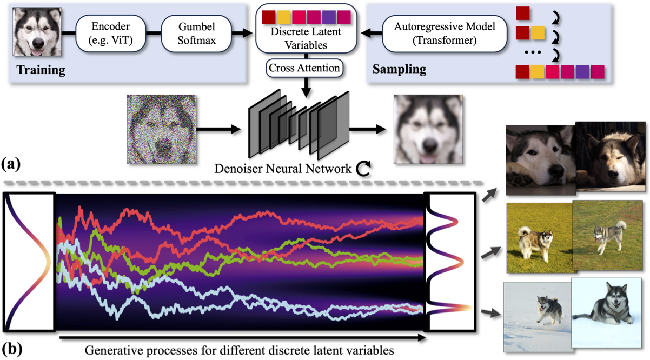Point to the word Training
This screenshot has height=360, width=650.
(41, 70)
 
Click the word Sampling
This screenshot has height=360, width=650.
(399, 70)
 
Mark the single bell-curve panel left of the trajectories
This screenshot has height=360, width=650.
(29, 261)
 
